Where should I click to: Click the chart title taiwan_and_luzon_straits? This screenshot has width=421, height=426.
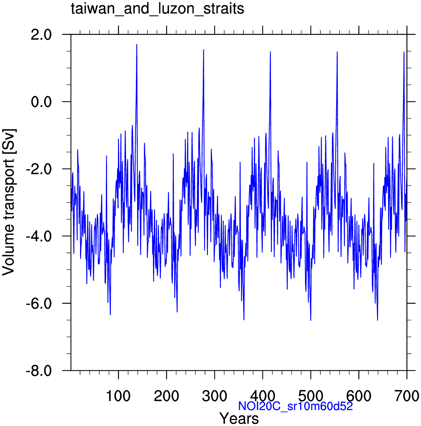click(158, 9)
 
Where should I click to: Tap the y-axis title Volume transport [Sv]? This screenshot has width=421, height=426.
click(9, 202)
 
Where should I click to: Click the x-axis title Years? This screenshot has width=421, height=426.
click(239, 419)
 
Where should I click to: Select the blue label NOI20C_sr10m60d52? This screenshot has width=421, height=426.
click(295, 406)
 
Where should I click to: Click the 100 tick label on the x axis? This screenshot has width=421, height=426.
click(119, 396)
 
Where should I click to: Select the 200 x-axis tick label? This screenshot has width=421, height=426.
click(166, 396)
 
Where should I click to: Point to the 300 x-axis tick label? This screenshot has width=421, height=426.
click(215, 396)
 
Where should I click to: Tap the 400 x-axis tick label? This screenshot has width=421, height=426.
click(262, 396)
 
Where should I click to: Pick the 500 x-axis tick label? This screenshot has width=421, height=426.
click(311, 396)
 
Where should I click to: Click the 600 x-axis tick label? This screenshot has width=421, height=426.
click(359, 396)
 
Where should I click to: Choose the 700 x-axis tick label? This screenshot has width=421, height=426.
click(407, 396)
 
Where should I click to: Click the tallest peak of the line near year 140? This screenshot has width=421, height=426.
click(137, 44)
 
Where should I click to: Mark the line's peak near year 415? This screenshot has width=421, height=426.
click(270, 52)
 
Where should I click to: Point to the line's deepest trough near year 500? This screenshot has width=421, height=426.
click(311, 320)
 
